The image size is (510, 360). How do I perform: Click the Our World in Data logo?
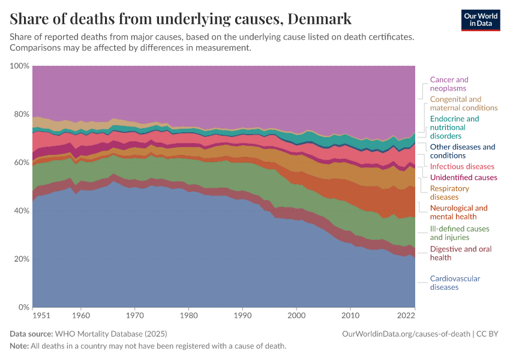coord(480,19)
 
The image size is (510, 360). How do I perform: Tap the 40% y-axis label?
coord(21,211)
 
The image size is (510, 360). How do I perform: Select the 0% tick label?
coord(23,307)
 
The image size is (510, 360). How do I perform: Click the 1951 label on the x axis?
coord(41,315)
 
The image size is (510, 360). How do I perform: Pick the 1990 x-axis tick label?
coord(242,315)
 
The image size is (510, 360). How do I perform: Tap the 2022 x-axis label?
coord(406,315)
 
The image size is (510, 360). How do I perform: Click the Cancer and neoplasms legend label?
coord(449,84)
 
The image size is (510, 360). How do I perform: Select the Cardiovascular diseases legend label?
coord(455,283)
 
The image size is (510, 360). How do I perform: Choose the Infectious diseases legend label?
coord(462,166)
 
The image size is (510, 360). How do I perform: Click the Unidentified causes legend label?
coord(463,178)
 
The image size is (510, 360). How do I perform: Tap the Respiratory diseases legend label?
coord(449,193)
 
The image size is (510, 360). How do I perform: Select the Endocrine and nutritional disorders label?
coord(454,127)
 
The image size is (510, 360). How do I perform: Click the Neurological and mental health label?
coord(458,212)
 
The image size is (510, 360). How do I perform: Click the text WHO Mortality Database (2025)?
coord(110,334)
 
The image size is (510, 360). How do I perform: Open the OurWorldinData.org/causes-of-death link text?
coord(406,334)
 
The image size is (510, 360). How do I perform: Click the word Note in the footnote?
coord(19,346)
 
